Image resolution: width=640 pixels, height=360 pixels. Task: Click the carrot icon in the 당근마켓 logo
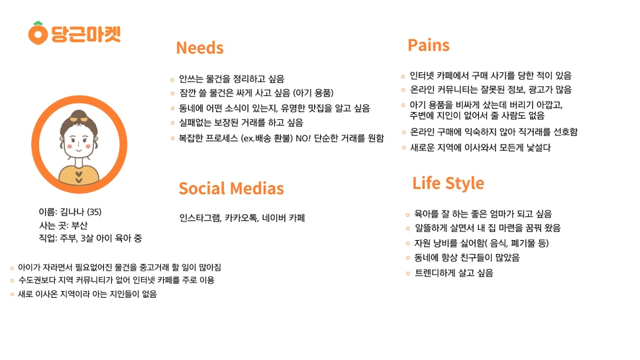coord(38,32)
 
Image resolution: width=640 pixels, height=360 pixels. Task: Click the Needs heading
coord(199,48)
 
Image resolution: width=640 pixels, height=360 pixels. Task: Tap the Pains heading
coord(429,45)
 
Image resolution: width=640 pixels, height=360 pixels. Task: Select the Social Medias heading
coord(231,188)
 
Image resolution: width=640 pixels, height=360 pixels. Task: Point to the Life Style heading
coord(448,183)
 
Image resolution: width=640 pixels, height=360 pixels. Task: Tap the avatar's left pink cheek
coord(68,144)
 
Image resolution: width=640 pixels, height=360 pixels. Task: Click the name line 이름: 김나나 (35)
coord(70,212)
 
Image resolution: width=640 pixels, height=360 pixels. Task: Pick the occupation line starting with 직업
coord(90,238)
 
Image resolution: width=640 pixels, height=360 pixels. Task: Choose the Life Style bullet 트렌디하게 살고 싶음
coord(453,272)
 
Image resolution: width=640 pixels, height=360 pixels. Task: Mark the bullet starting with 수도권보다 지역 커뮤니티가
coord(116,280)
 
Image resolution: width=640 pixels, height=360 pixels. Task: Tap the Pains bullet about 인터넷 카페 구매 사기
coord(490,76)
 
